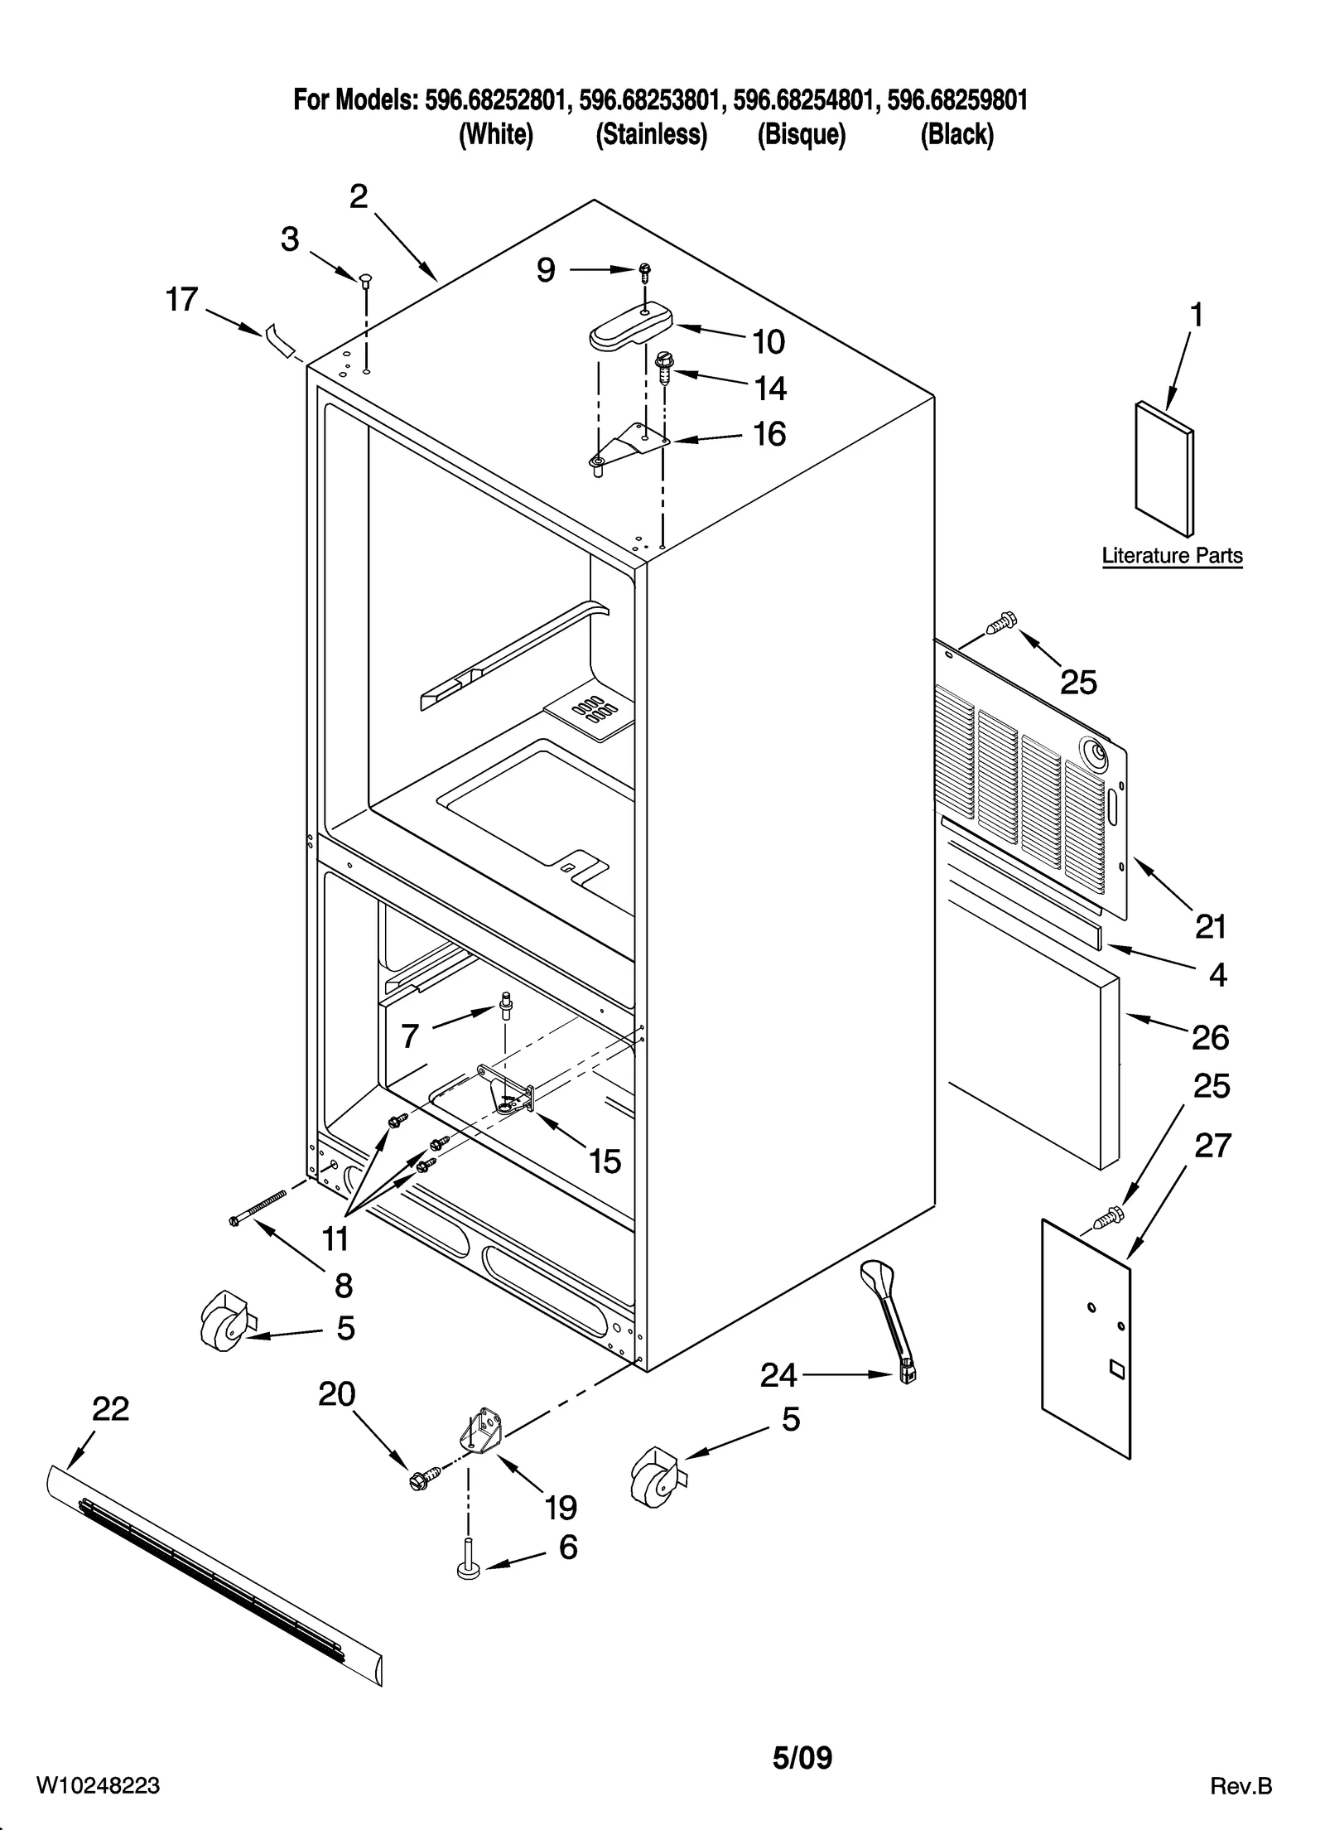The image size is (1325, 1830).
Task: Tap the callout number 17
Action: pyautogui.click(x=182, y=300)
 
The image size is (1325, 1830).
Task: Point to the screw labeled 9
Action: pyautogui.click(x=643, y=270)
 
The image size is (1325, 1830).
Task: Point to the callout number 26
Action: pyautogui.click(x=1210, y=1037)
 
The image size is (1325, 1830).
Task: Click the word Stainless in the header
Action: pyautogui.click(x=652, y=134)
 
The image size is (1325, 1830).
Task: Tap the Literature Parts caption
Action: pyautogui.click(x=1172, y=556)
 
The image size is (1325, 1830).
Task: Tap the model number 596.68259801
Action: pyautogui.click(x=956, y=101)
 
